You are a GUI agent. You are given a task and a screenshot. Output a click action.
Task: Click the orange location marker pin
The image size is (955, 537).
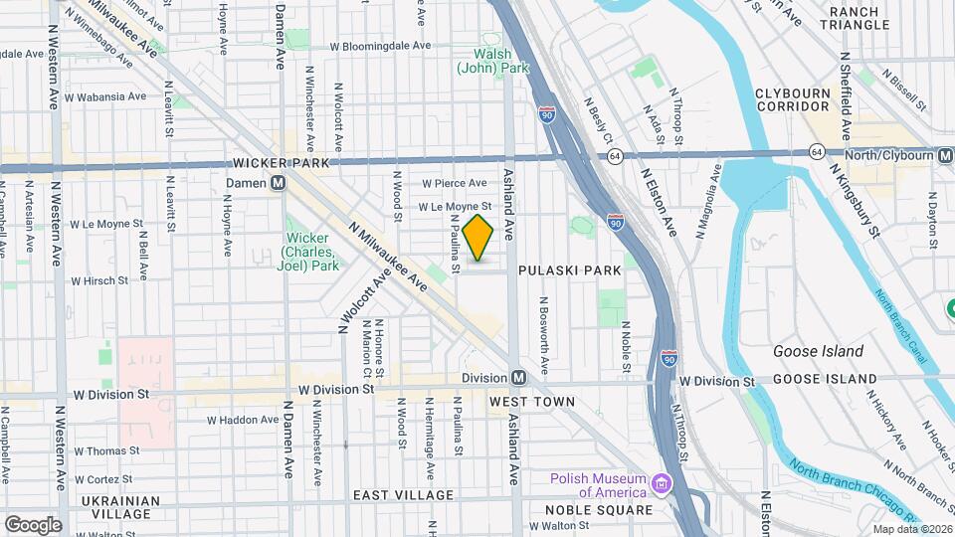pos(478,238)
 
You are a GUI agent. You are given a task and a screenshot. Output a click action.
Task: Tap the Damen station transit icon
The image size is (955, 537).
pos(280,183)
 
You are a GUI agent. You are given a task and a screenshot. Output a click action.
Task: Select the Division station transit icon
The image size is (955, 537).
pos(518,378)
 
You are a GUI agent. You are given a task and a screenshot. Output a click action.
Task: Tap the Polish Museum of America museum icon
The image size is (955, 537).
pos(661,484)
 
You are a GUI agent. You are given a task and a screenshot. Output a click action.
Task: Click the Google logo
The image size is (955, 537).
pos(32,524)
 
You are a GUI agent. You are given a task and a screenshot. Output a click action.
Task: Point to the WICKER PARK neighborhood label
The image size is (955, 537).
pos(280,162)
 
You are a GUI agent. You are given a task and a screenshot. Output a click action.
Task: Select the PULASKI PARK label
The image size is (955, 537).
pos(569,269)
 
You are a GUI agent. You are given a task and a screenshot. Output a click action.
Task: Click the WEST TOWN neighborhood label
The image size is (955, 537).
pos(532,402)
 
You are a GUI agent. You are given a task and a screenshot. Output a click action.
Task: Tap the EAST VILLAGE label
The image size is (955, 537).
pos(403,494)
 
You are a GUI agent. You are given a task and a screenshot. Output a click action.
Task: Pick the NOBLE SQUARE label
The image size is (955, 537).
pos(599,510)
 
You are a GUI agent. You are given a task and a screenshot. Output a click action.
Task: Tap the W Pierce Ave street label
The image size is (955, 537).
pos(454,183)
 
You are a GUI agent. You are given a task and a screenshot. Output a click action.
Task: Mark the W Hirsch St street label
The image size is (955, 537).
pos(98,280)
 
